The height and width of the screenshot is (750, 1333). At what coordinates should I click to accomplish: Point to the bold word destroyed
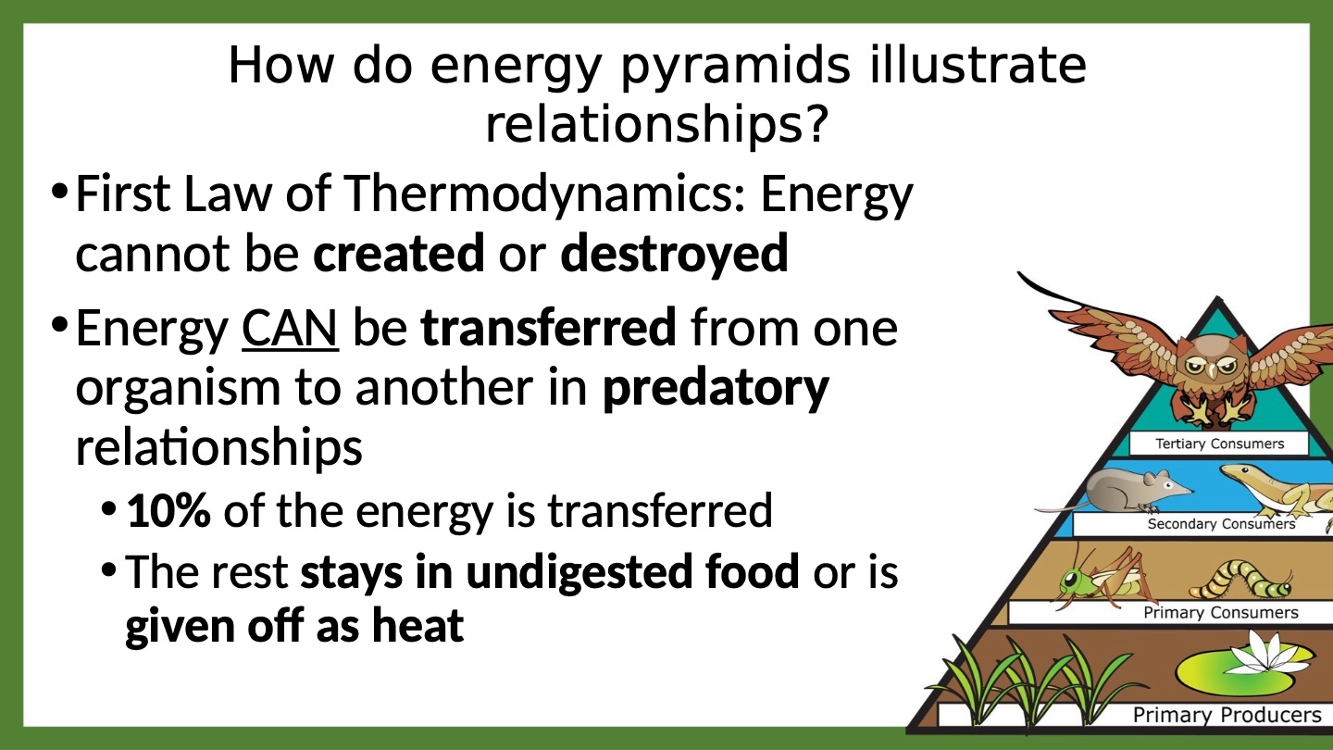pyautogui.click(x=674, y=254)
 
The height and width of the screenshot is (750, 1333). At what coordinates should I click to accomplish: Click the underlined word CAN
pyautogui.click(x=290, y=328)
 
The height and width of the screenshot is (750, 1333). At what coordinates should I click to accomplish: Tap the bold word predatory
pyautogui.click(x=716, y=388)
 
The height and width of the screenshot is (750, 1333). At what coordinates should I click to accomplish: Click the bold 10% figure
pyautogui.click(x=169, y=510)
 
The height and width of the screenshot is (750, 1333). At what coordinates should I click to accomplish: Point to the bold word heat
pyautogui.click(x=417, y=626)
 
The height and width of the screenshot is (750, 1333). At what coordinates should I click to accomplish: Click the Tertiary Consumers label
pyautogui.click(x=1219, y=444)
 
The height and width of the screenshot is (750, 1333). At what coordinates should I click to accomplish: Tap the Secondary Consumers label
pyautogui.click(x=1221, y=524)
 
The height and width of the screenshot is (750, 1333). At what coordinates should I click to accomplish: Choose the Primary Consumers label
pyautogui.click(x=1220, y=613)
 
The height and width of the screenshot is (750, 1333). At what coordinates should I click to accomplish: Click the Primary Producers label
pyautogui.click(x=1227, y=714)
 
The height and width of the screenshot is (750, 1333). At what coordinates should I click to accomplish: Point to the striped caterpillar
pyautogui.click(x=1240, y=581)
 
